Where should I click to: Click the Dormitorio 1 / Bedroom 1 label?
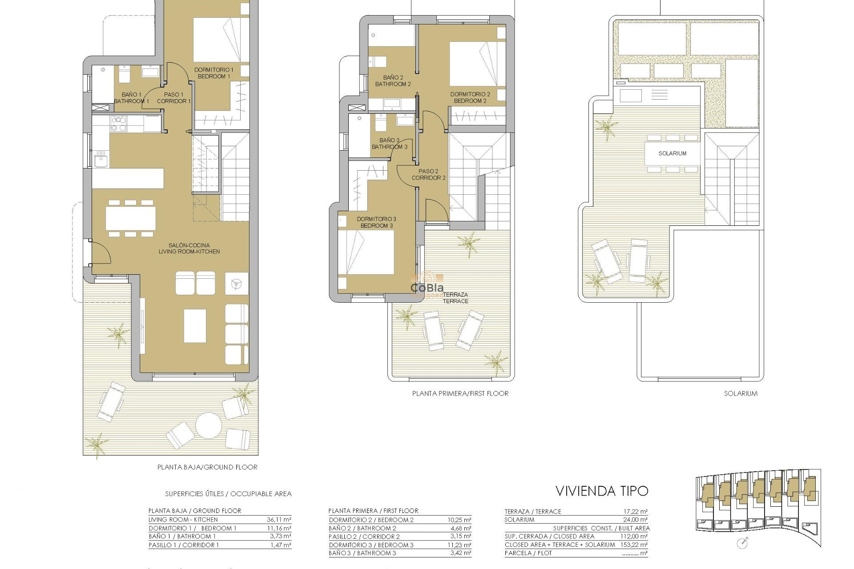coord(213,73)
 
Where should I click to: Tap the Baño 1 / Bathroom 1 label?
coord(131,98)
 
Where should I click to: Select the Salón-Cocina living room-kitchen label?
coord(189,248)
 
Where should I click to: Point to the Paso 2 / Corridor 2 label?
coord(428,174)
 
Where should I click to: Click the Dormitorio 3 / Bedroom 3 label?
coord(376,222)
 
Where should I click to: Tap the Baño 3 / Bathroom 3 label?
coord(389,143)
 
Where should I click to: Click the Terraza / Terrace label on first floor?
coord(455,298)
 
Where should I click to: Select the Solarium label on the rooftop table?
coord(672,153)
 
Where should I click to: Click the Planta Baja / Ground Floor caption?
coord(207,467)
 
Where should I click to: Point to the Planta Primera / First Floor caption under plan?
coord(460,393)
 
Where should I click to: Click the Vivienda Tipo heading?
coord(602,491)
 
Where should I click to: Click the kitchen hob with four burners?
coord(118,124)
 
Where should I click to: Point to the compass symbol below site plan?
coord(742,543)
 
